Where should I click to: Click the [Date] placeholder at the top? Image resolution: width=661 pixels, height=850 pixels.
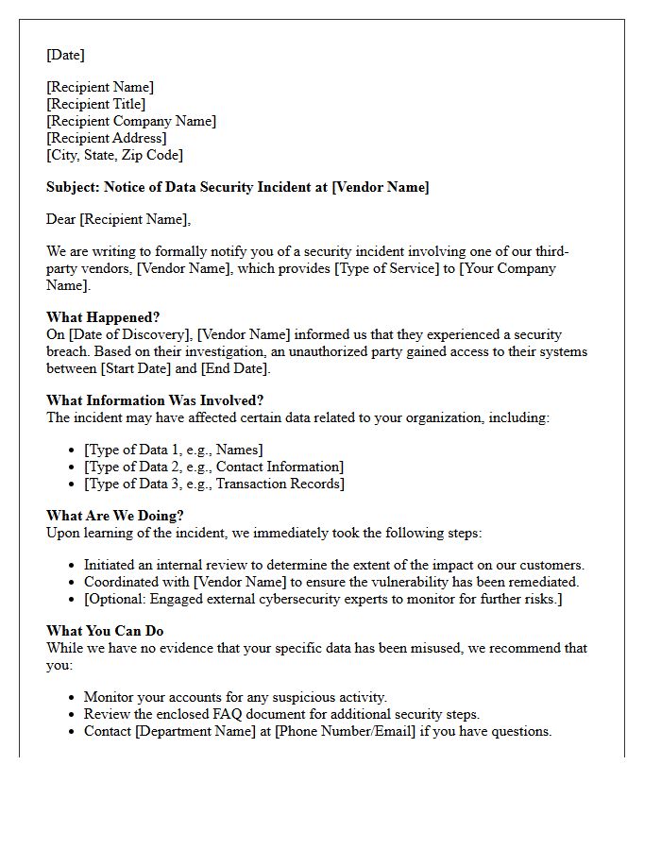[65, 55]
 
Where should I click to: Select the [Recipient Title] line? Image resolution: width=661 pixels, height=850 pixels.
[95, 104]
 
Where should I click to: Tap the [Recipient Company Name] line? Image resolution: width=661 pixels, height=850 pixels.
[131, 121]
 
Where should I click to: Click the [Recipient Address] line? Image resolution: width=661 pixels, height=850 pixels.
[106, 138]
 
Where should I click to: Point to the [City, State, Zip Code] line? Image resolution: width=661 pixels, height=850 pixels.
[114, 155]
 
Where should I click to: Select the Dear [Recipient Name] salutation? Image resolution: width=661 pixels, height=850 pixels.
[118, 219]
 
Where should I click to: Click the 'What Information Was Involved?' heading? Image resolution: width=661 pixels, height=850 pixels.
[155, 400]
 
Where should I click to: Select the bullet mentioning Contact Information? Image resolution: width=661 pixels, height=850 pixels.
[213, 467]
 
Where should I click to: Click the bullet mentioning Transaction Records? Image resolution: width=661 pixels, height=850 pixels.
[213, 484]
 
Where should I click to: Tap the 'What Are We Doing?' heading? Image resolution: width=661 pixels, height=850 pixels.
[115, 516]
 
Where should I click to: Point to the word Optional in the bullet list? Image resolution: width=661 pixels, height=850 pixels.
[117, 599]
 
